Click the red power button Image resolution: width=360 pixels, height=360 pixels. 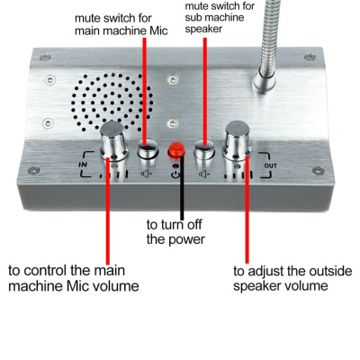tap(176, 149)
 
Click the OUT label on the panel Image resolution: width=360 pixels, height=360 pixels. tap(270, 166)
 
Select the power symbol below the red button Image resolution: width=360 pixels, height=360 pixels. tap(176, 173)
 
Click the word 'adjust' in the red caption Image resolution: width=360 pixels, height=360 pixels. tap(271, 270)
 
